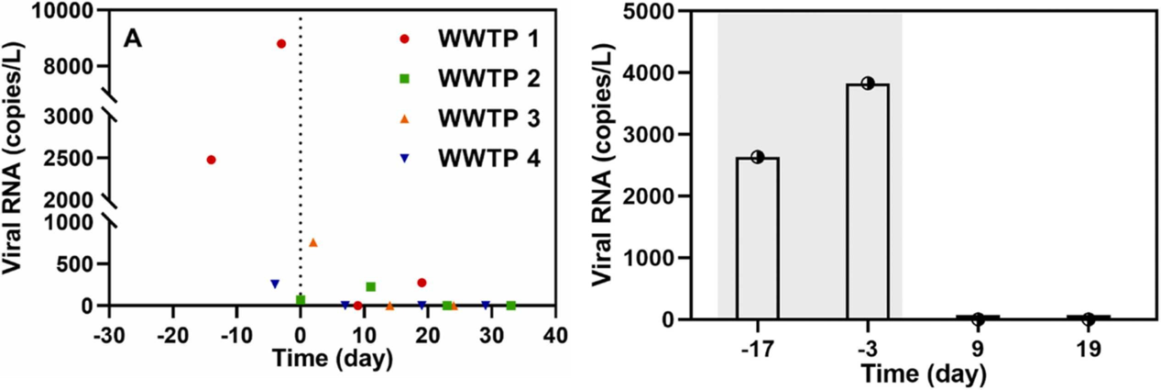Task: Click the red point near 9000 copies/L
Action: click(281, 44)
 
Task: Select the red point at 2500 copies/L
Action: click(212, 160)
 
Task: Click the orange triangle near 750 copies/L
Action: click(313, 242)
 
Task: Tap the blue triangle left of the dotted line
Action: click(275, 284)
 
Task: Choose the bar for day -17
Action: click(757, 239)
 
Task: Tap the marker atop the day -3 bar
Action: click(867, 84)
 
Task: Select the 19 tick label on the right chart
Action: click(1087, 350)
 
